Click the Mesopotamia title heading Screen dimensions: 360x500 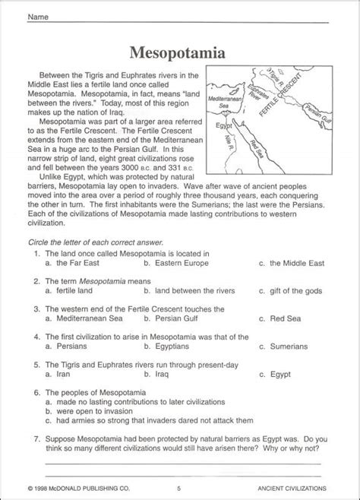pyautogui.click(x=177, y=53)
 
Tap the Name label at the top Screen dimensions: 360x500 pyautogui.click(x=38, y=17)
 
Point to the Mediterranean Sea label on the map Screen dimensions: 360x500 pyautogui.click(x=224, y=102)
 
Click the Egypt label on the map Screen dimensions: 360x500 pyautogui.click(x=223, y=125)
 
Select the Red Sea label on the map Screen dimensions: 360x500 pyautogui.click(x=257, y=149)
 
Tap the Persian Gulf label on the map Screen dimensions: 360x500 pyautogui.click(x=318, y=113)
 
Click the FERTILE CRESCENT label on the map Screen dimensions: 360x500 pyautogui.click(x=280, y=95)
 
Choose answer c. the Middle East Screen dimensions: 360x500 pyautogui.click(x=292, y=264)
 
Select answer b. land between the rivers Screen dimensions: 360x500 pyautogui.click(x=189, y=291)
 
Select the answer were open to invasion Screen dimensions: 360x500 pyautogui.click(x=89, y=411)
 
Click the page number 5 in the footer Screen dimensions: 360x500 pyautogui.click(x=178, y=488)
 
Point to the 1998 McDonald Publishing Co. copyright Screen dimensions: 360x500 pyautogui.click(x=79, y=488)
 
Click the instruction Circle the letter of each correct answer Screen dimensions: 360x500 pyautogui.click(x=96, y=242)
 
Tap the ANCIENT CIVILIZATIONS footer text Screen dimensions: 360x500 pyautogui.click(x=292, y=488)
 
